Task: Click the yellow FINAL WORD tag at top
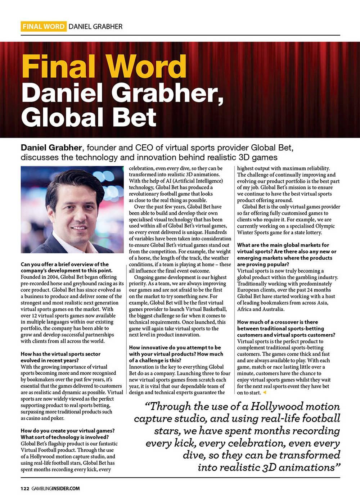(44, 26)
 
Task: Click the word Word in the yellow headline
(147, 67)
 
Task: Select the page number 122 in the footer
(25, 488)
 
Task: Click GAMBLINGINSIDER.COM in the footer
(55, 488)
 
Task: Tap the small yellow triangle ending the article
(264, 392)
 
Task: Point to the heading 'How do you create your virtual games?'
(68, 430)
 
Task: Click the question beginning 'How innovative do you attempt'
(175, 348)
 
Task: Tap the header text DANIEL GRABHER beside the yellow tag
(95, 26)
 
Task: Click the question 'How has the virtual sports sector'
(61, 354)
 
